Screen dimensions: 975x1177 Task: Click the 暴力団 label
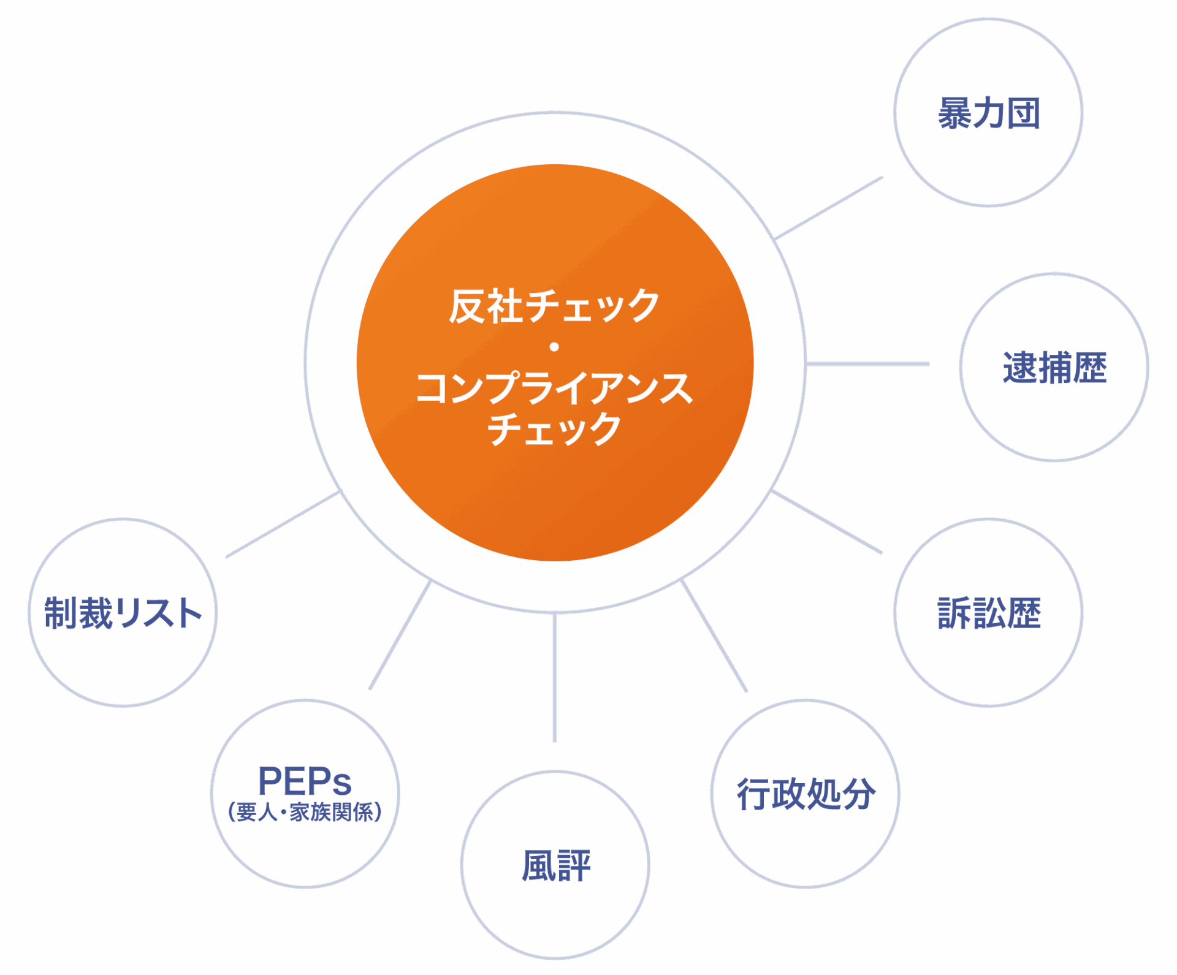point(988,113)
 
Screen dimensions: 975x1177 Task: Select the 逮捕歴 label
point(1054,368)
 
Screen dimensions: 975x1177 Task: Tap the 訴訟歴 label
point(989,613)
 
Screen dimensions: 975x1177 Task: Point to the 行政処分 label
point(806,794)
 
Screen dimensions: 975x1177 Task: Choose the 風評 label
point(556,865)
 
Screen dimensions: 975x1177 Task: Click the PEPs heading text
point(305,781)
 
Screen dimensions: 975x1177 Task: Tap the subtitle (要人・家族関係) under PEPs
point(305,812)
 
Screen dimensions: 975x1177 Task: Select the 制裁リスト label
point(123,613)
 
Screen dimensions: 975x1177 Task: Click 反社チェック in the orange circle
point(554,306)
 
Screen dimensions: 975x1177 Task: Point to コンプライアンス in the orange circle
point(554,388)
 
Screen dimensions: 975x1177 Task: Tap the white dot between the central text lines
point(554,347)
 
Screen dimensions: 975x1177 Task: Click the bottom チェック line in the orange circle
point(554,428)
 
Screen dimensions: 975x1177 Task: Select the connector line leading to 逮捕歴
point(867,364)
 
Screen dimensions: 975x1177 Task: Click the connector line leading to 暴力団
point(829,207)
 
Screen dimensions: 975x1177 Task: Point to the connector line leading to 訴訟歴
point(828,523)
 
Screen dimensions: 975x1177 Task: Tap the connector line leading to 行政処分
point(714,636)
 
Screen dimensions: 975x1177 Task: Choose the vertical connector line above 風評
point(555,677)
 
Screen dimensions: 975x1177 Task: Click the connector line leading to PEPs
point(400,636)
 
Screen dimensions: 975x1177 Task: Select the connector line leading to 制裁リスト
point(283,525)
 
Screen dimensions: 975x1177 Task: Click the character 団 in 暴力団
point(1024,113)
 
